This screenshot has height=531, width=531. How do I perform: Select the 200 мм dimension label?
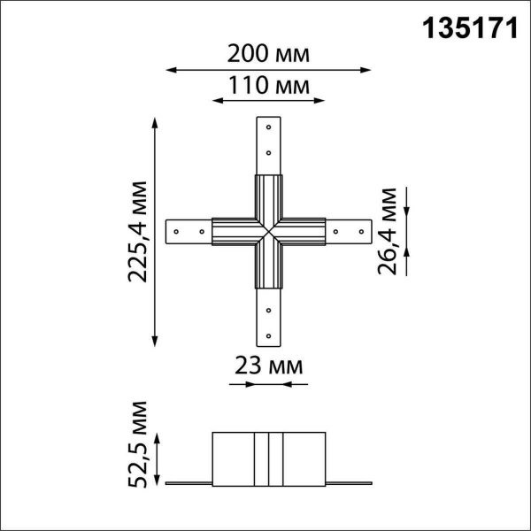click(268, 53)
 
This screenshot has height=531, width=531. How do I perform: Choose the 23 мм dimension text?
click(269, 365)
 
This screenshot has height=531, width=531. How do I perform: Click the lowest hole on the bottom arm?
click(269, 335)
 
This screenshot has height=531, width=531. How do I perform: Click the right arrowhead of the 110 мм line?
click(315, 100)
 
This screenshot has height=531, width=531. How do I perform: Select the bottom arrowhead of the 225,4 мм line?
click(157, 342)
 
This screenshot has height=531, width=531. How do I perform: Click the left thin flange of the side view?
click(189, 483)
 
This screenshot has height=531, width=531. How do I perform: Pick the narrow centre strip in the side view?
click(269, 458)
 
